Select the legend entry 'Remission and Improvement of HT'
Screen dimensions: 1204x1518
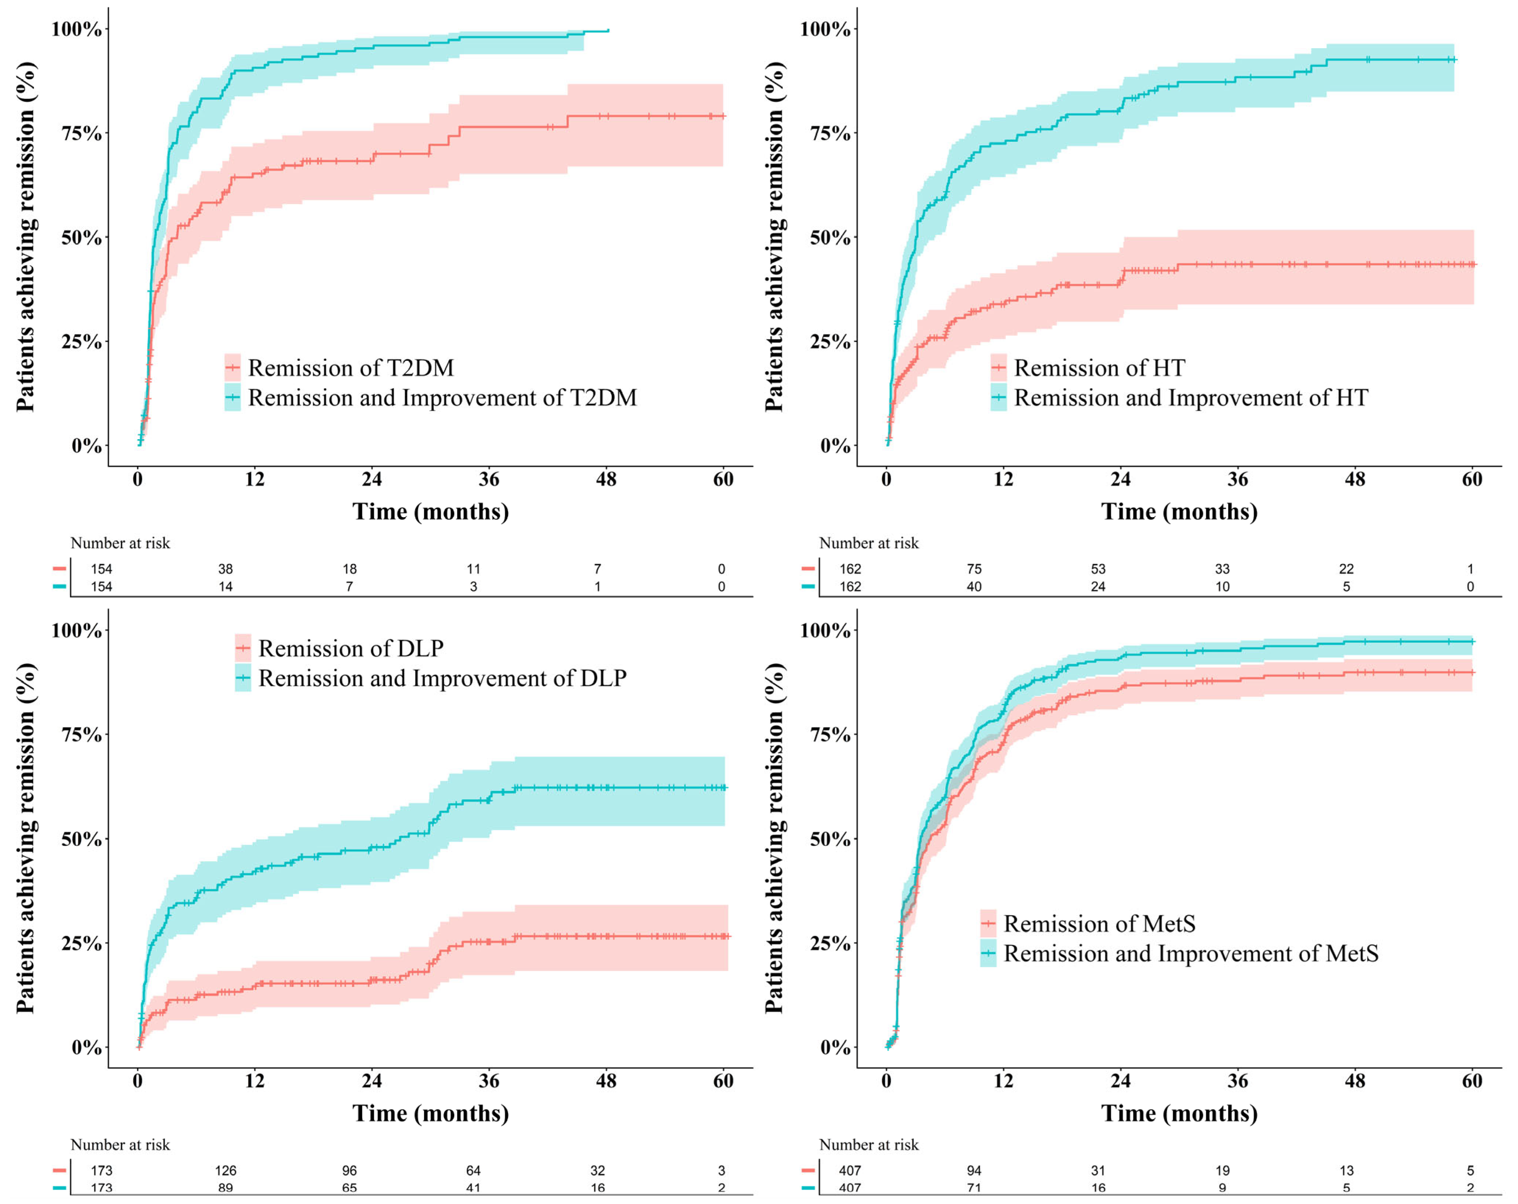[1190, 398]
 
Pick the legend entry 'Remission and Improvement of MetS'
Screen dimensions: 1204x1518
[1190, 953]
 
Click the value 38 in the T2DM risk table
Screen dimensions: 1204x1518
[225, 569]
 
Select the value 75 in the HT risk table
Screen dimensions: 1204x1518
[974, 569]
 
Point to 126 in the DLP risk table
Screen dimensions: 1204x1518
[225, 1170]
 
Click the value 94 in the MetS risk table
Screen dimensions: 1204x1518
[974, 1170]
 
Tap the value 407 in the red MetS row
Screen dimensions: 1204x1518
[850, 1170]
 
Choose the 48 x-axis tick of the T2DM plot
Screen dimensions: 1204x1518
[606, 480]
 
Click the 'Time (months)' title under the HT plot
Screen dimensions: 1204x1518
[1179, 512]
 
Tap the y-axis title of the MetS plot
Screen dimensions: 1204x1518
[774, 837]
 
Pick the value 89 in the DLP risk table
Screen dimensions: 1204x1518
[225, 1188]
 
